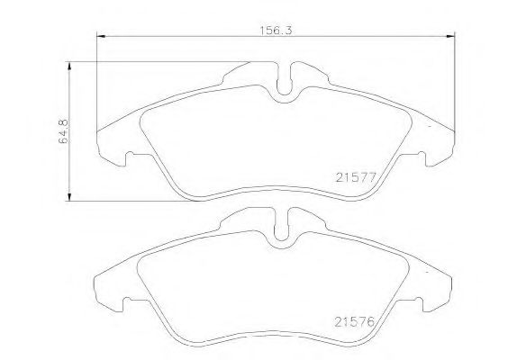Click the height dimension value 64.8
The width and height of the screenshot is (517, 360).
click(64, 130)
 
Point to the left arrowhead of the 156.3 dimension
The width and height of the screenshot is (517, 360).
click(100, 36)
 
